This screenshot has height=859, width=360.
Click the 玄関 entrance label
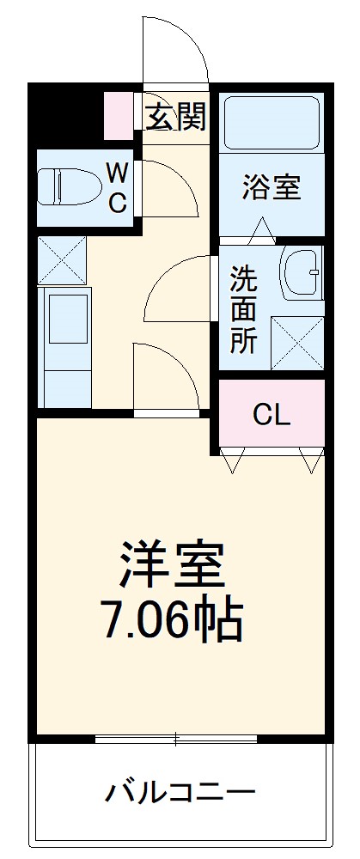[x=175, y=118]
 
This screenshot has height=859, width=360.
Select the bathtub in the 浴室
[x=271, y=124]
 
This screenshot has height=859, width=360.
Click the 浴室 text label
[x=272, y=187]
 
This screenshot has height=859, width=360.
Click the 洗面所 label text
[x=243, y=309]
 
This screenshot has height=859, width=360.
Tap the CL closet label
[x=272, y=416]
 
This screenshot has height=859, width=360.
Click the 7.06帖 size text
[x=172, y=621]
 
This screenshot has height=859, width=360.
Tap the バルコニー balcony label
[x=180, y=791]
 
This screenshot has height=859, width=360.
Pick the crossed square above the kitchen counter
[x=63, y=259]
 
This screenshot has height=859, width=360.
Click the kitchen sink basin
[x=66, y=317]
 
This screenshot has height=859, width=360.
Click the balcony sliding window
[x=175, y=739]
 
